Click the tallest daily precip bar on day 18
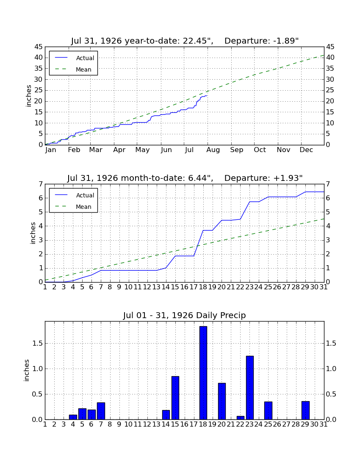203,373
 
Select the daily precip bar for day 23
250,388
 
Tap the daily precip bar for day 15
175,398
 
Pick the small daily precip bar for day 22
240,418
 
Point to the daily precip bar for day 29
305,411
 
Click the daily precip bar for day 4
73,417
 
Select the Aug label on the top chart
213,150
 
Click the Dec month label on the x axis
306,150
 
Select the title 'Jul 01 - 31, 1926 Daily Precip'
185,315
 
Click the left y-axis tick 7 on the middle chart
41,184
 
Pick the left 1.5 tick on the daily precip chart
37,343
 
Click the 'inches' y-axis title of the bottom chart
27,370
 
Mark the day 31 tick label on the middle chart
324,287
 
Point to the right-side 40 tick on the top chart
330,57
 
